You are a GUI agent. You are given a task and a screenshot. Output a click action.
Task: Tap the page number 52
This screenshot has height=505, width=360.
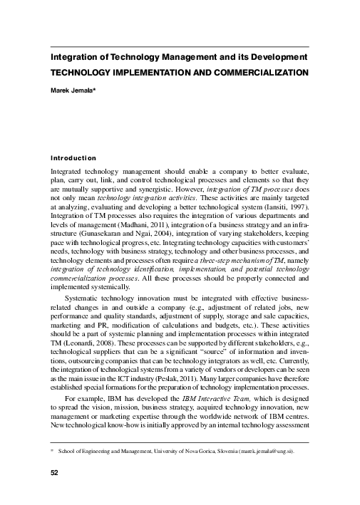(x=53, y=473)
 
